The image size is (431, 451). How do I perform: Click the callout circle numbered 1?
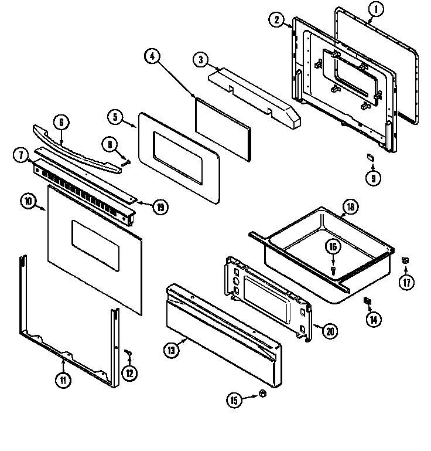(x=377, y=8)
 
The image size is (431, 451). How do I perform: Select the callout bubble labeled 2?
(x=277, y=20)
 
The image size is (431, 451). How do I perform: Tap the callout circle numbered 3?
(x=200, y=59)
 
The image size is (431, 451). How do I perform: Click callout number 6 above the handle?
(x=61, y=123)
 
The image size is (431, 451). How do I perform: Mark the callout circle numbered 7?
(x=20, y=155)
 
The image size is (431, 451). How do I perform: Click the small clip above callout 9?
(x=370, y=157)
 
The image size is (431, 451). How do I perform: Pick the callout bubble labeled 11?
(x=63, y=379)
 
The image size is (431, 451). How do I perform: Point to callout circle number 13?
(x=170, y=351)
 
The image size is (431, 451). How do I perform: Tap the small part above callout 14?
(x=368, y=301)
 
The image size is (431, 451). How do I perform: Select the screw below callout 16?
(x=333, y=270)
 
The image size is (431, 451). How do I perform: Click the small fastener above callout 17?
(x=405, y=260)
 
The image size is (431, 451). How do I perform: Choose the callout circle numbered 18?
(x=349, y=206)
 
